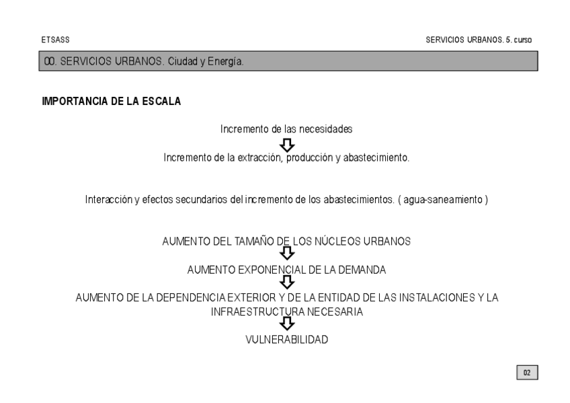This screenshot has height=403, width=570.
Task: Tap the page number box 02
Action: [x=528, y=371]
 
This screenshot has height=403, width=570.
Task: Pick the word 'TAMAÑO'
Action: [x=249, y=242]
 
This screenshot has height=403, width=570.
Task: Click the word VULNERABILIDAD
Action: [x=287, y=340]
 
